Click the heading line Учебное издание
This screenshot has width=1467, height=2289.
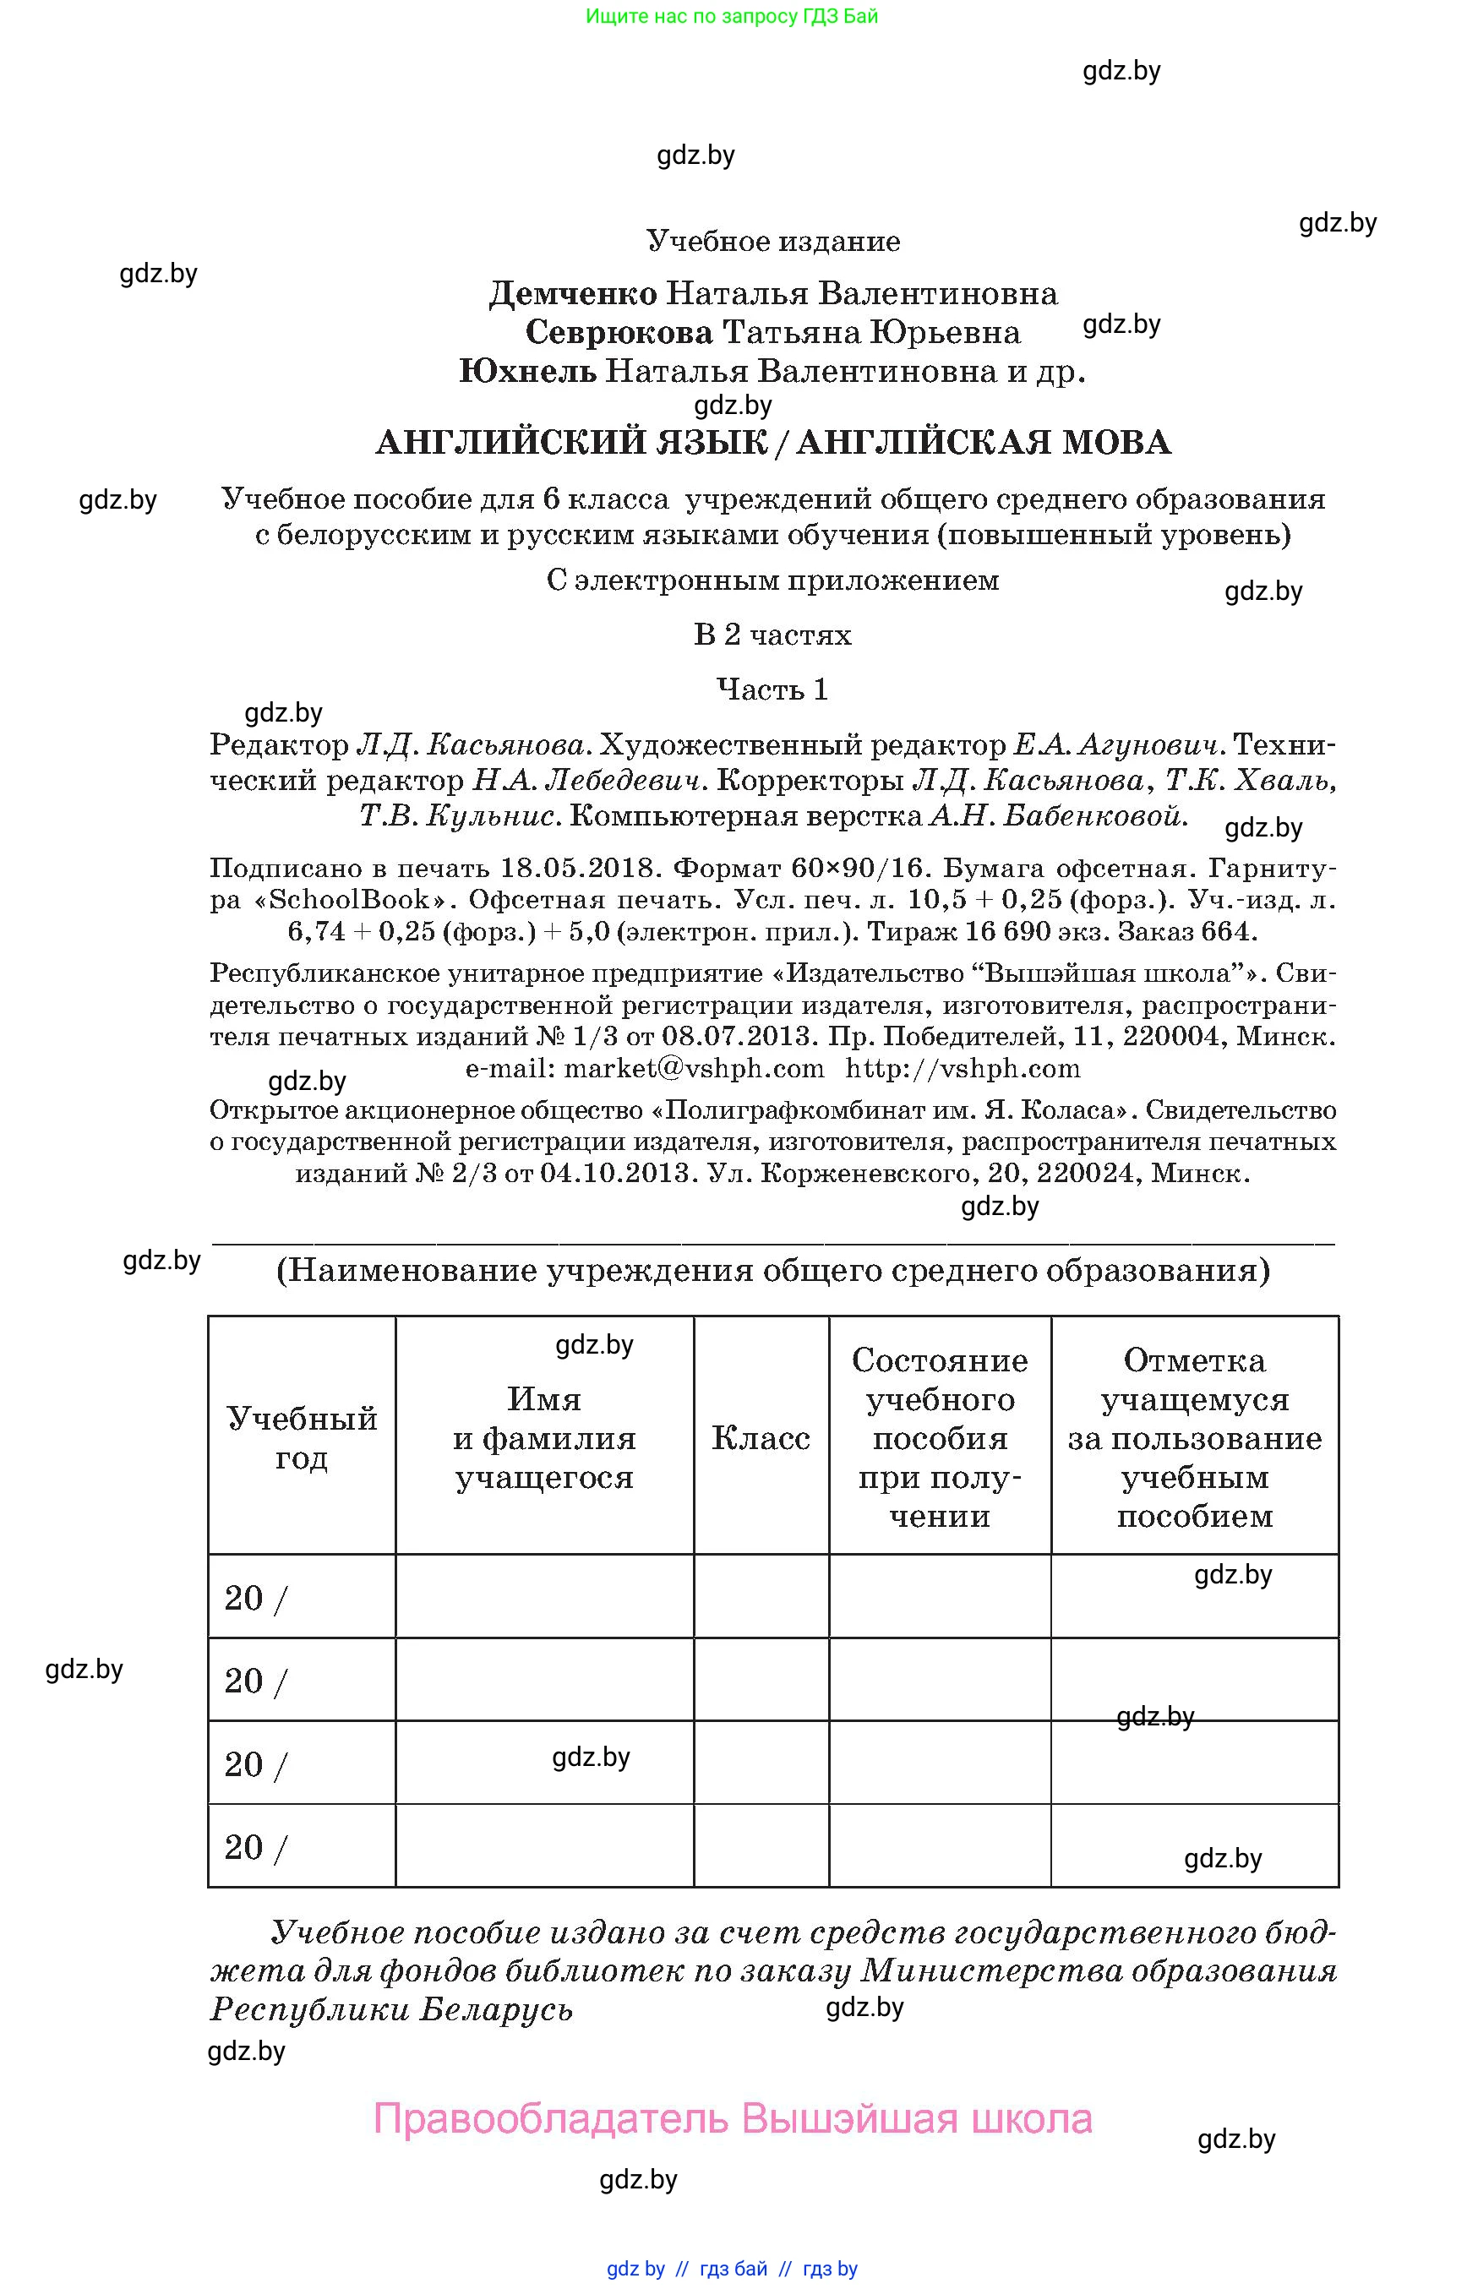[772, 241]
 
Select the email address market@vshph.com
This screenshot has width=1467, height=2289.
[694, 1068]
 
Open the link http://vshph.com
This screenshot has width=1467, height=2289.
[963, 1068]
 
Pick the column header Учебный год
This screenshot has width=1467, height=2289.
[301, 1437]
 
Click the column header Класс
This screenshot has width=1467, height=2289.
[761, 1438]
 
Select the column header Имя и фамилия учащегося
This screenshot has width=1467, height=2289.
[544, 1437]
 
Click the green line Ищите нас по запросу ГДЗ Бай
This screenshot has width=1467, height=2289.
[732, 16]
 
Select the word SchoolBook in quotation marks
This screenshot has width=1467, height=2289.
[350, 899]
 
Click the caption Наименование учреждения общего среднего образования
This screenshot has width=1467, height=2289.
[772, 1271]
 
